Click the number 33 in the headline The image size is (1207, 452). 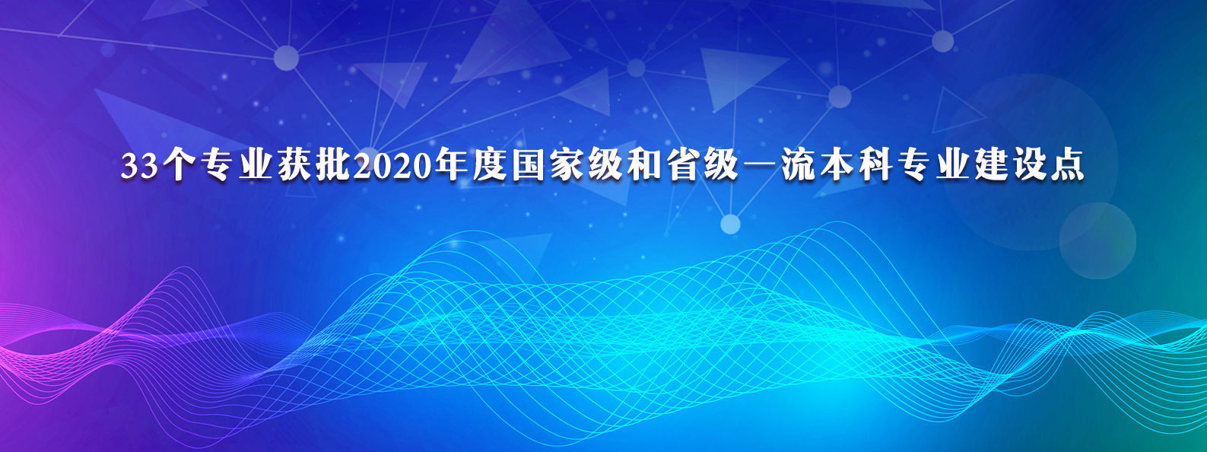pos(138,167)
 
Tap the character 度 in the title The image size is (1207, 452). pos(488,167)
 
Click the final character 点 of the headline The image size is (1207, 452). pos(1069,167)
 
